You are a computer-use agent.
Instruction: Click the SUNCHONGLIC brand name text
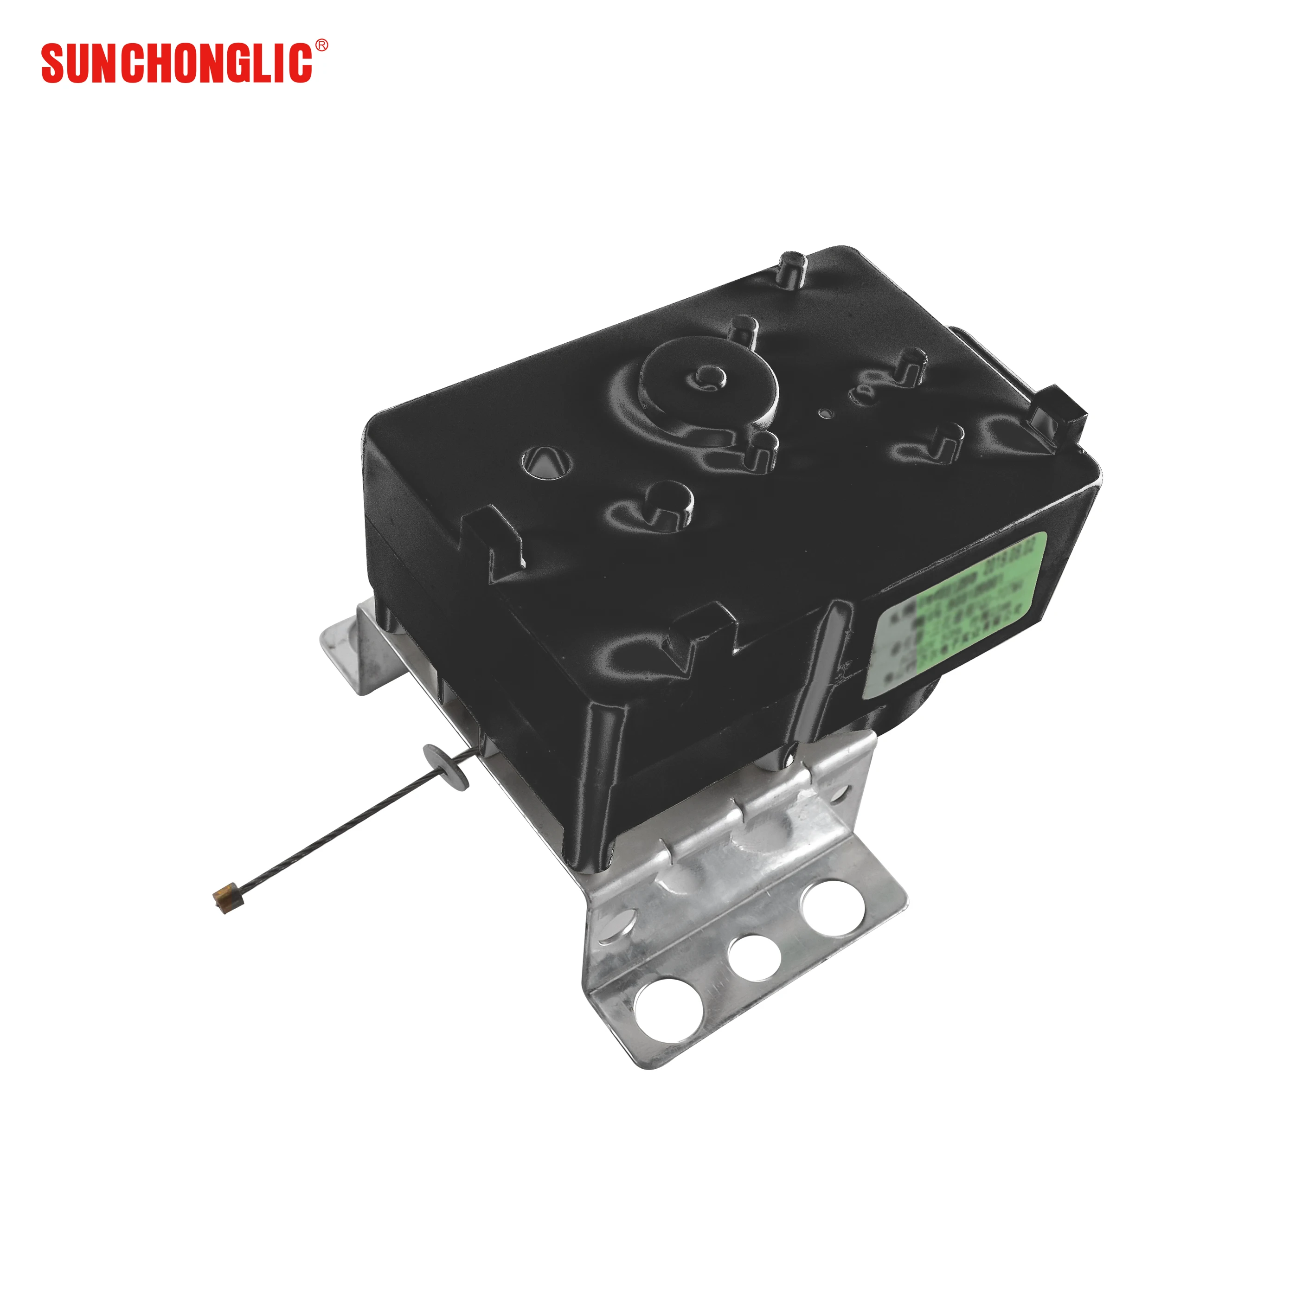point(177,63)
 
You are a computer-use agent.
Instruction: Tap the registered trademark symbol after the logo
point(321,45)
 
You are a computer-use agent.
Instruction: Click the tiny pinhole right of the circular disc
point(825,412)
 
